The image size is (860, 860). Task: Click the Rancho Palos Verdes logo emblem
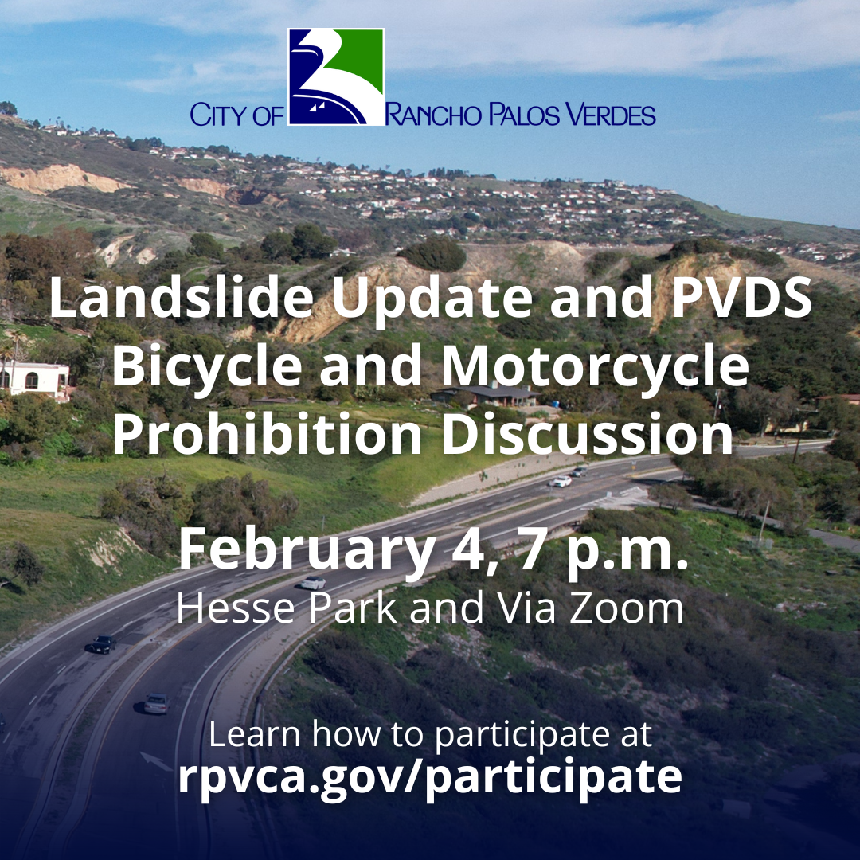pyautogui.click(x=335, y=77)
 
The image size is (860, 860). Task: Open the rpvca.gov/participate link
pyautogui.click(x=430, y=777)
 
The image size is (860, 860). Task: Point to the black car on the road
pyautogui.click(x=102, y=644)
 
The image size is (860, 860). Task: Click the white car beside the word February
pyautogui.click(x=313, y=583)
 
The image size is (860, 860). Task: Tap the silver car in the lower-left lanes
pyautogui.click(x=155, y=704)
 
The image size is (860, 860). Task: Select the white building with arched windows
pyautogui.click(x=35, y=378)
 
